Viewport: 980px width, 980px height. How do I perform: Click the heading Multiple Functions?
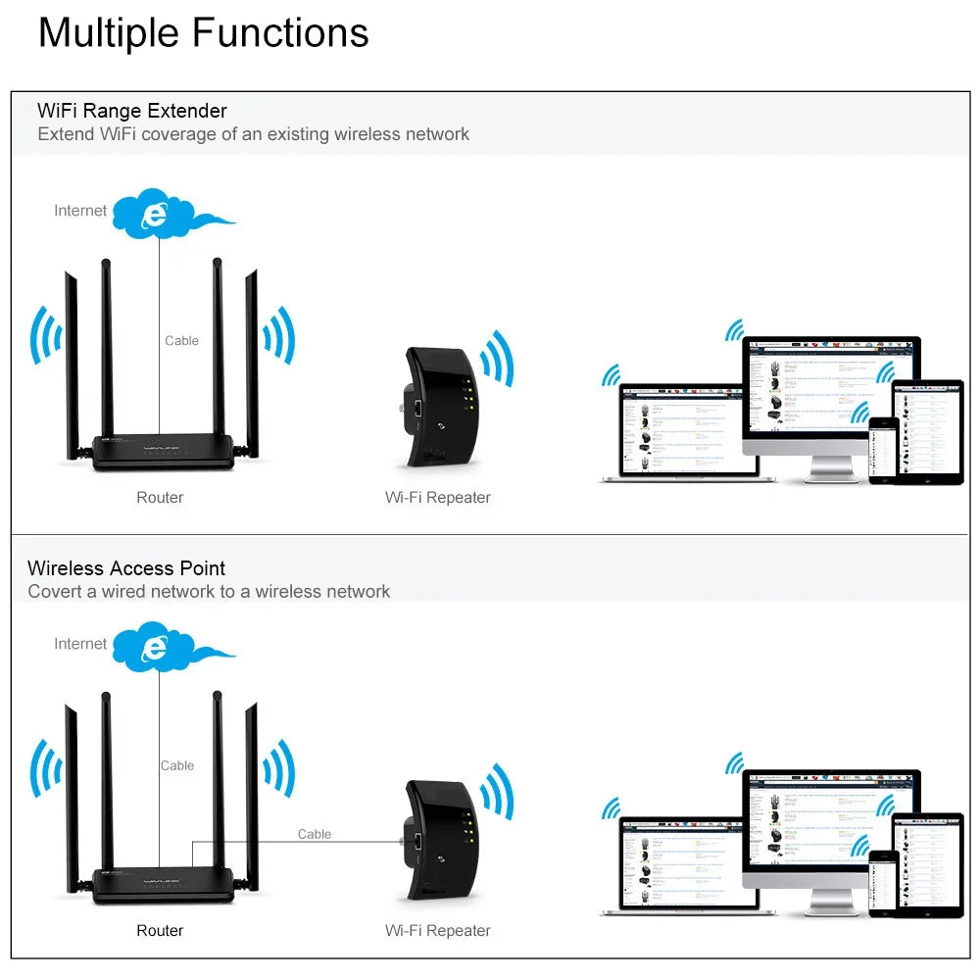tap(203, 32)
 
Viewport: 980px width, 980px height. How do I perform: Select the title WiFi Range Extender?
tap(131, 111)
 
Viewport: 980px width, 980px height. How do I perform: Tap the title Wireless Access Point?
tap(125, 568)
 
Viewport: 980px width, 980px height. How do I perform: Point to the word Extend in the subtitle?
tap(66, 134)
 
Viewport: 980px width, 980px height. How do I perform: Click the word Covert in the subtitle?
tap(55, 592)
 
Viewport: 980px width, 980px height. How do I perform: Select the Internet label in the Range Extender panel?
tap(80, 211)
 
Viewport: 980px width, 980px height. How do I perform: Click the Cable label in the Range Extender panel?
tap(181, 341)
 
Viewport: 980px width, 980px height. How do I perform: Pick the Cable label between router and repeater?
tap(314, 834)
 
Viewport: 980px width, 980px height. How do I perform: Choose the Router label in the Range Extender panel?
tap(160, 498)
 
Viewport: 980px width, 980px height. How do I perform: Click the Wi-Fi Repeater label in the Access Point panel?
tap(437, 931)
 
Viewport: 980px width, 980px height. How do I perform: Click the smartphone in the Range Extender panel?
tap(883, 450)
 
